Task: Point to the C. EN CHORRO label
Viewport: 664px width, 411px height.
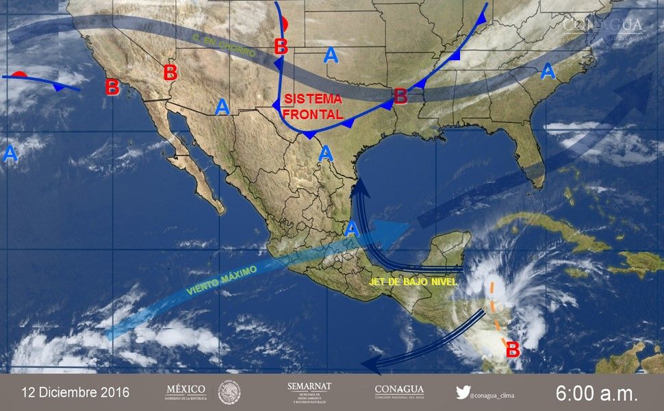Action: (x=225, y=49)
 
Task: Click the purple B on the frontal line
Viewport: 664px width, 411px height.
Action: (x=400, y=96)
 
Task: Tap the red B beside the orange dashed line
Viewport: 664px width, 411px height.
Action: (x=512, y=349)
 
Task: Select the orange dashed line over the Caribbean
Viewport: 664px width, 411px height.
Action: (x=498, y=312)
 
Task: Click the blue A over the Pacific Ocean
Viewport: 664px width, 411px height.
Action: (x=10, y=153)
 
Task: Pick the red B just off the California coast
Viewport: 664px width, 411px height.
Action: (x=112, y=88)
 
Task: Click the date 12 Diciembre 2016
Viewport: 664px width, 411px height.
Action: (x=75, y=393)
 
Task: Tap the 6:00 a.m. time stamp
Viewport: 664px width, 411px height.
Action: (x=596, y=393)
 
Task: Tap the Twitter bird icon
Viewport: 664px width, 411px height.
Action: (x=463, y=393)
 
